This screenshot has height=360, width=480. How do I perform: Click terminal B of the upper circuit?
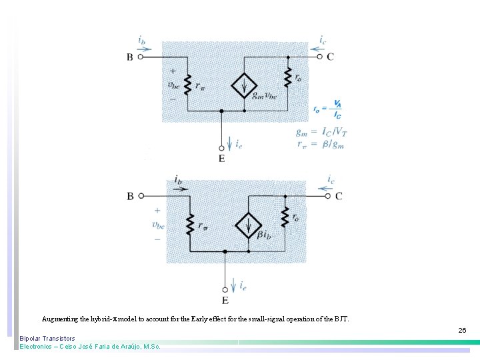tap(141, 57)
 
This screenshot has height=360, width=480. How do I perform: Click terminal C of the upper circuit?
tap(319, 57)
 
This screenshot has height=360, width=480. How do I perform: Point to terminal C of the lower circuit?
tap(327, 196)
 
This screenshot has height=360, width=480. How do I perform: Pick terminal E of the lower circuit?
tap(225, 289)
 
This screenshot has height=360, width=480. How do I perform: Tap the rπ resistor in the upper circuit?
tap(189, 85)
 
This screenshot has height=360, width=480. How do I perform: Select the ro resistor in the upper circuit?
tap(288, 77)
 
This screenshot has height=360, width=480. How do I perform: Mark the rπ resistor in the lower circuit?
tap(191, 225)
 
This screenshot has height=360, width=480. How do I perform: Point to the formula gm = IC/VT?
tap(321, 131)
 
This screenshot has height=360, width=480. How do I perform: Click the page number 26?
tap(462, 330)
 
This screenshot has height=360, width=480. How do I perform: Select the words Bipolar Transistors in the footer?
tap(47, 339)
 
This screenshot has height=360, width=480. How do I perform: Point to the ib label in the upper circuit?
tap(142, 40)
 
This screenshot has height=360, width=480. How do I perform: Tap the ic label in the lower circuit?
tap(331, 179)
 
